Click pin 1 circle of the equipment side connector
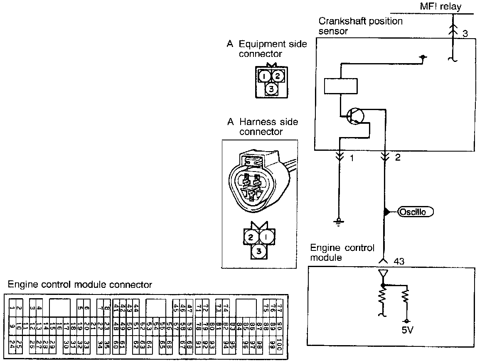[x=264, y=76]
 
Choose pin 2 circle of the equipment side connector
[x=278, y=76]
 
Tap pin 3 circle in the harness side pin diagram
[x=258, y=251]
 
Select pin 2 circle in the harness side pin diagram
[x=251, y=238]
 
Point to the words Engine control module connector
[x=80, y=285]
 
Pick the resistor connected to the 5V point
[x=406, y=298]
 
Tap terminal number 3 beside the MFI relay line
[x=465, y=34]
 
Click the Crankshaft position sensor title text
[x=360, y=26]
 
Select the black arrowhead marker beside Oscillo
[x=386, y=212]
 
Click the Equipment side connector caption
[x=266, y=49]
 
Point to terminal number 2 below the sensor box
[x=398, y=158]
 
